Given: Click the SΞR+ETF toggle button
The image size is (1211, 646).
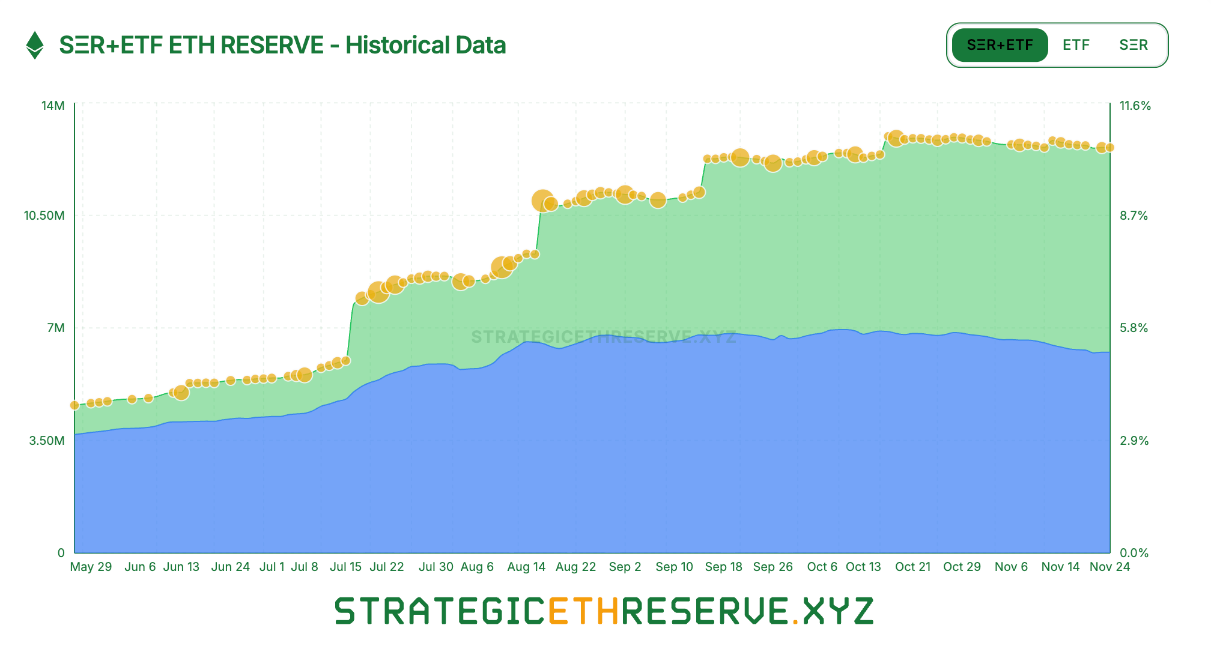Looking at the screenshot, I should pos(1000,45).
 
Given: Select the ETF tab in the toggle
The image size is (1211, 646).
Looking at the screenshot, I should pos(1076,45).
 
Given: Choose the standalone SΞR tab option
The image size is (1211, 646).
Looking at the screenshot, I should pos(1134,45).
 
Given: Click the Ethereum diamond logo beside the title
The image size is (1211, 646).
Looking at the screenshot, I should pos(35,45).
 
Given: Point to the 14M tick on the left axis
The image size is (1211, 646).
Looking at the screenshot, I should pos(53,106).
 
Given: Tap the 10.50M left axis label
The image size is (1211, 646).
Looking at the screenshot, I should pos(44,216).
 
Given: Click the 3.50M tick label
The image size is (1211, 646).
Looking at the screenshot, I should pos(47,441).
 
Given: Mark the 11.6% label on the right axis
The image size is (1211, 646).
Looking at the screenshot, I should pos(1135,106).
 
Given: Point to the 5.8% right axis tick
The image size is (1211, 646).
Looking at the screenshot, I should pos(1134,328).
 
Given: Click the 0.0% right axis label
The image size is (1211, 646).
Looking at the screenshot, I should pos(1134,553).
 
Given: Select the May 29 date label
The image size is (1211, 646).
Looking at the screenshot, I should pos(91,567).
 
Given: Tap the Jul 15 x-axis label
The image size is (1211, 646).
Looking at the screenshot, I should pos(345,567).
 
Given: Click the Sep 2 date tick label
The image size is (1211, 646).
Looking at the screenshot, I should pos(625,567).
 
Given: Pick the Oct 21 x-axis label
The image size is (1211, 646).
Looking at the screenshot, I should pos(912,567).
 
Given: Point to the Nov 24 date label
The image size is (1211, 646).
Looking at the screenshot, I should pos(1109,567).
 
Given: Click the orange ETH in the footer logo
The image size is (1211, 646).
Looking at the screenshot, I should pos(583,611).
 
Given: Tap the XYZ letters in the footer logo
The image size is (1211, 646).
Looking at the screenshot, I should pos(838,611).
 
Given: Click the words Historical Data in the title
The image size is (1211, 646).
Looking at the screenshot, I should pos(425,45).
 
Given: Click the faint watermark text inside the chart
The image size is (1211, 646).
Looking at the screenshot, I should pos(603,337).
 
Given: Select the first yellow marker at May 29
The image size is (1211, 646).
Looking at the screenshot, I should pos(74,405).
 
